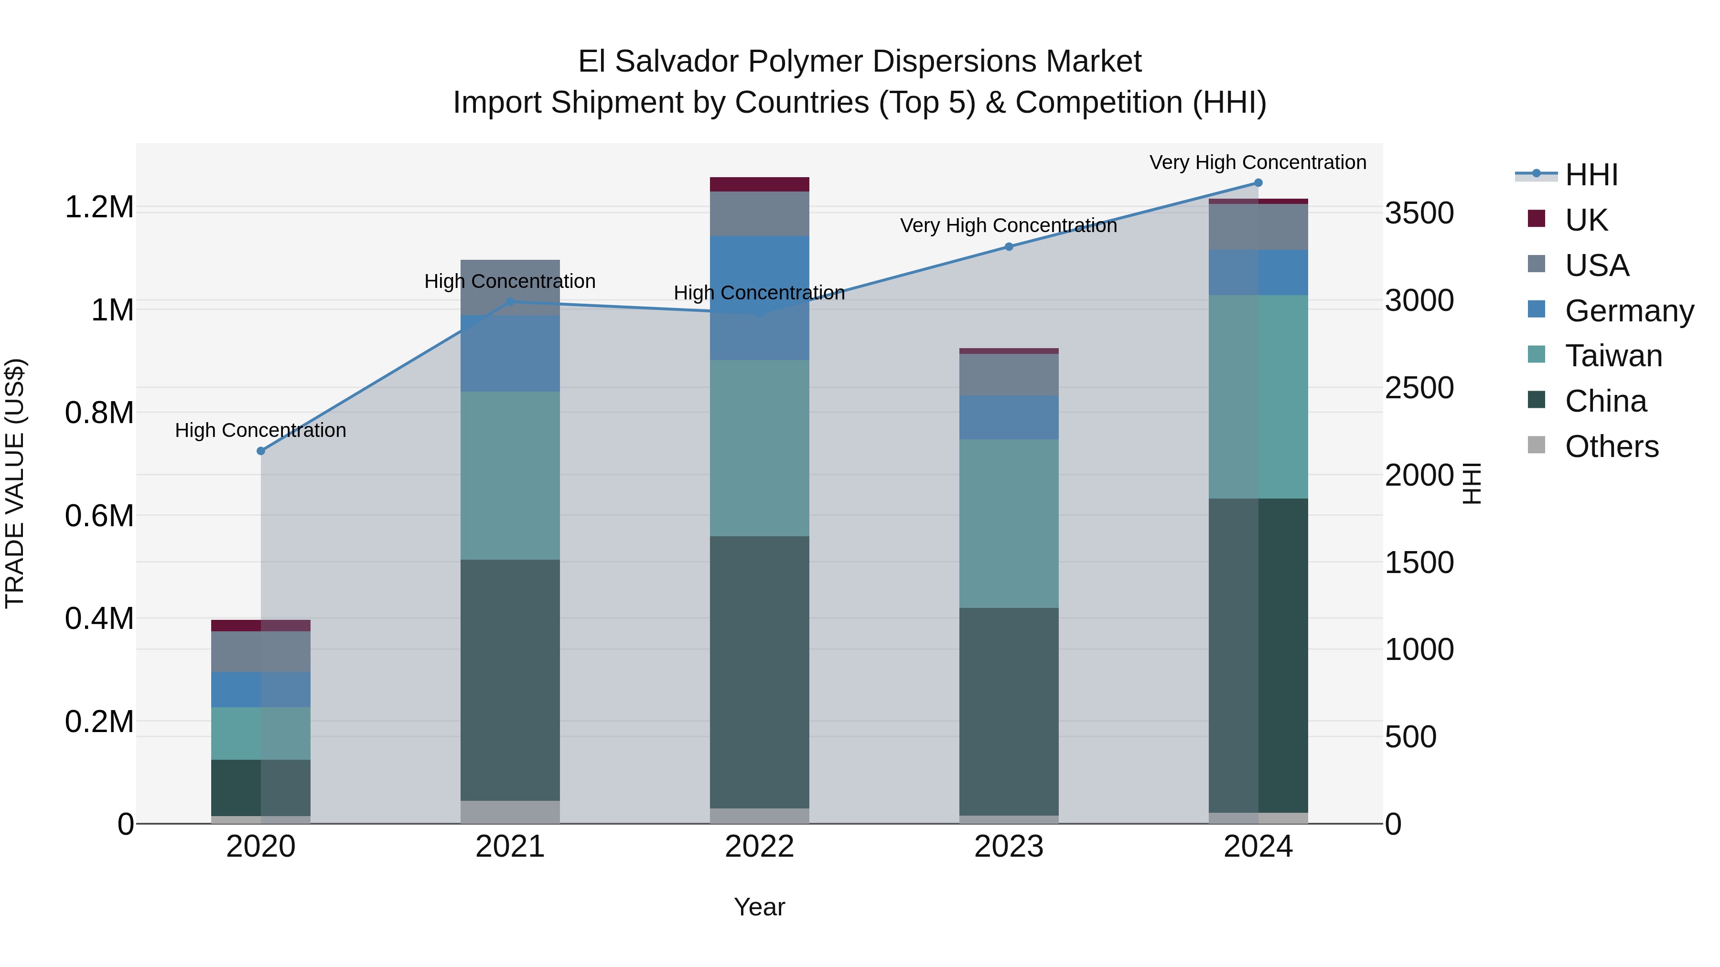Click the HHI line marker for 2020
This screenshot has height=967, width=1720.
(261, 451)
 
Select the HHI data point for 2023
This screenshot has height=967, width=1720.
(1009, 247)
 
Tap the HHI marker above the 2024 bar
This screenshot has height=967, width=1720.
(1258, 183)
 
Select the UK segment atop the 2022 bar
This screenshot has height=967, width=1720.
(759, 184)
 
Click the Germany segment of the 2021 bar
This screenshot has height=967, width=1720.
(510, 353)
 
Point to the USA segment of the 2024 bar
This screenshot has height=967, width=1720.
(1258, 227)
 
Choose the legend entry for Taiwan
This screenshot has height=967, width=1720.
(1613, 356)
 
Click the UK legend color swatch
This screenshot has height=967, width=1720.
(1537, 219)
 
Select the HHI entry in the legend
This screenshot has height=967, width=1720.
(1591, 175)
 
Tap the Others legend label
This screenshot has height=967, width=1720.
(1611, 446)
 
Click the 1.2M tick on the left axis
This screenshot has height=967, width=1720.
(99, 208)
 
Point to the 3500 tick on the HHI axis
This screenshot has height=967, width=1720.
(1419, 213)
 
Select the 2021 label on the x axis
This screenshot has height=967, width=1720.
(510, 847)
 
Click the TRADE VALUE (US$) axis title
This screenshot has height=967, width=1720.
(15, 483)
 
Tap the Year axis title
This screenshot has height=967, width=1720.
(759, 907)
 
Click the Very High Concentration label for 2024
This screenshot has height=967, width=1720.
(1258, 162)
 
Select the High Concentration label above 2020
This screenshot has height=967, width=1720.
(260, 430)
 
